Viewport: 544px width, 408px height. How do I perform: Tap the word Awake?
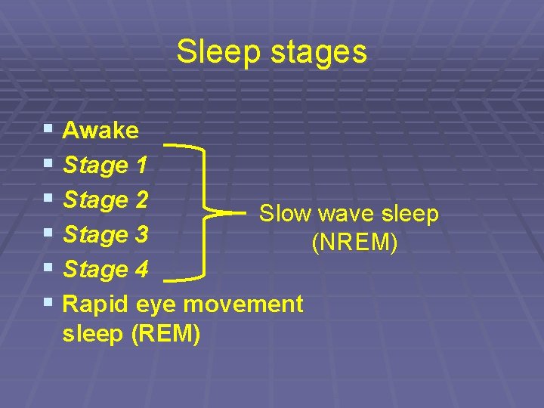[100, 131]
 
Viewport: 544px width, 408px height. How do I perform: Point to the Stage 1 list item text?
[105, 165]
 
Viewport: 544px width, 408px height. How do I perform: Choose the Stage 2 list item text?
[106, 200]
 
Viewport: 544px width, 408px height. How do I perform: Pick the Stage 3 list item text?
[106, 235]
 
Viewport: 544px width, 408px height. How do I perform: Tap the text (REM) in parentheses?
[165, 333]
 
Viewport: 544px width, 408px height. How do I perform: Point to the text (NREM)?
[354, 243]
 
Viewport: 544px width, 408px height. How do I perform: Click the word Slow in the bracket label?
[286, 214]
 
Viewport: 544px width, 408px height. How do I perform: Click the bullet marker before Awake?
[48, 130]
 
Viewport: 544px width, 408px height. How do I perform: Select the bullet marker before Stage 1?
[48, 164]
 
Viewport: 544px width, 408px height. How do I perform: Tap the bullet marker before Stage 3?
[48, 234]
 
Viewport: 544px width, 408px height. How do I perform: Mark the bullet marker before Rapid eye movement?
[48, 304]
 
